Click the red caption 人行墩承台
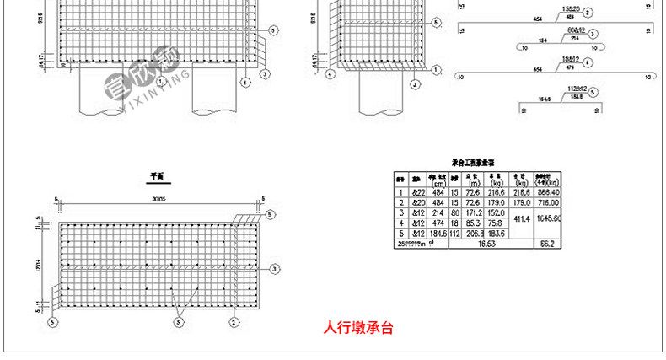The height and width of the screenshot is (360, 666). pyautogui.click(x=358, y=328)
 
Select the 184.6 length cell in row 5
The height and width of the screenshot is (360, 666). pyautogui.click(x=437, y=233)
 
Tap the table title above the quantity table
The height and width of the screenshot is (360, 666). pyautogui.click(x=473, y=162)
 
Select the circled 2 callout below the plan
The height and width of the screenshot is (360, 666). pyautogui.click(x=234, y=320)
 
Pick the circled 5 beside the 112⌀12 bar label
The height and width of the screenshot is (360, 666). pyautogui.click(x=593, y=91)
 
